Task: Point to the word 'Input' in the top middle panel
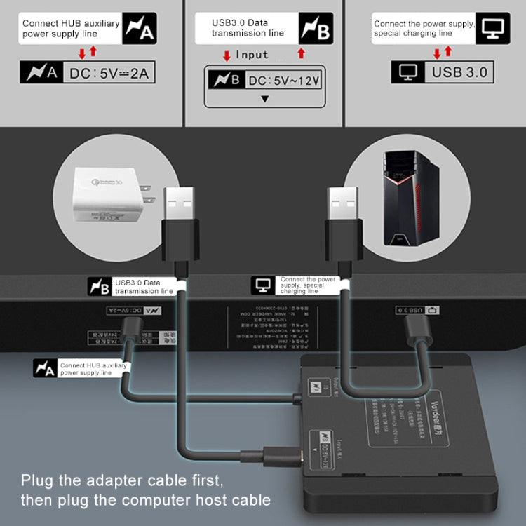[x=252, y=54]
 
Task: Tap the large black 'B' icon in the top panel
[x=316, y=28]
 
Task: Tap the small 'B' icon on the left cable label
[x=99, y=286]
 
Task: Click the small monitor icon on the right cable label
[x=264, y=284]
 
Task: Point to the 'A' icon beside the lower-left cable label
[x=45, y=369]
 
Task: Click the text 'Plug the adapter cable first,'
[x=122, y=481]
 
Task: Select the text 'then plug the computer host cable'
[x=145, y=500]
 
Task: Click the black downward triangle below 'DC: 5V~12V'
[x=264, y=98]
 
